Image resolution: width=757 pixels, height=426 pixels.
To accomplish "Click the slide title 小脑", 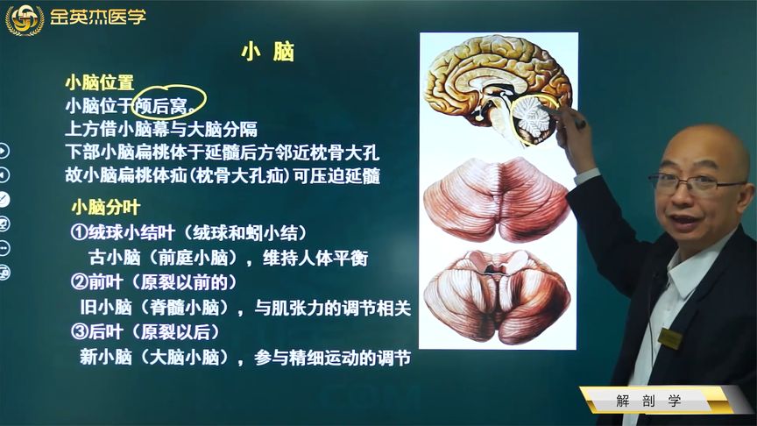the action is (267, 52).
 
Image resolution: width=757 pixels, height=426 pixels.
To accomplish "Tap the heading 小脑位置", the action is (100, 82).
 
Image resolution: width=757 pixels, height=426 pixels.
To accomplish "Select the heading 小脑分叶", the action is (106, 207).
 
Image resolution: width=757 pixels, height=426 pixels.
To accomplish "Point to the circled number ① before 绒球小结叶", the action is (79, 232).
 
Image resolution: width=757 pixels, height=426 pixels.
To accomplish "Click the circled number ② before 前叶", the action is (79, 282).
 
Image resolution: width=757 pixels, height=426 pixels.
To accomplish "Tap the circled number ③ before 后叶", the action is (79, 332).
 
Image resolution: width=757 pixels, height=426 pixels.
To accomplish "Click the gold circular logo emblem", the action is (25, 19).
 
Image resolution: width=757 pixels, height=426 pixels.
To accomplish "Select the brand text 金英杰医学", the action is (97, 18).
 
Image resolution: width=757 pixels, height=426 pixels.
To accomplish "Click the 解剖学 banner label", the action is (648, 401).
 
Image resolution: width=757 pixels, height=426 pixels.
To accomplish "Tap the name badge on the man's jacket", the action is (669, 337).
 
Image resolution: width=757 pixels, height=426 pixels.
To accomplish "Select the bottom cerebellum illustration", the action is (497, 296).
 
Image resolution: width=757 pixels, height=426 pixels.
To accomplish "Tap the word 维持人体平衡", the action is (315, 258).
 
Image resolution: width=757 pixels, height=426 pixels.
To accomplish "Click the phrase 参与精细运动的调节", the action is (332, 358).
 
